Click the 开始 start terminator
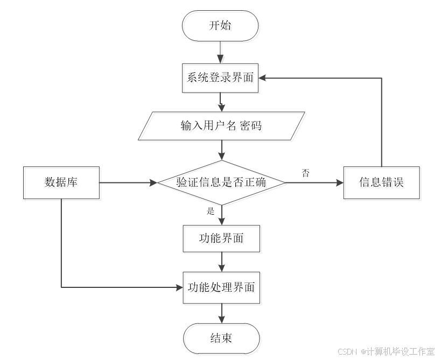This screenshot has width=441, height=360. [x=221, y=27]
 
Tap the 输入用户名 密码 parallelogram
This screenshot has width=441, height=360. [x=222, y=128]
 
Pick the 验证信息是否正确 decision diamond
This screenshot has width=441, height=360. [x=222, y=183]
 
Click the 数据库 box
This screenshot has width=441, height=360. [x=62, y=183]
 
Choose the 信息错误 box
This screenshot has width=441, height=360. [x=382, y=183]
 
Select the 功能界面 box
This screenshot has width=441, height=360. [x=222, y=239]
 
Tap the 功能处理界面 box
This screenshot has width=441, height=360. [x=222, y=289]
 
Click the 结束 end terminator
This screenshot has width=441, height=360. [x=222, y=340]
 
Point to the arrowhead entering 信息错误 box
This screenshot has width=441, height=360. [x=340, y=183]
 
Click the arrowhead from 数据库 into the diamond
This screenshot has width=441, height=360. [x=155, y=183]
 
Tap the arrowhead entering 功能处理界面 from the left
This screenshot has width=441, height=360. [x=180, y=287]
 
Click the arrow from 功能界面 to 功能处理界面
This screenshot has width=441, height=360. [x=222, y=263]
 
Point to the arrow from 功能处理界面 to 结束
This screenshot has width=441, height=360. [x=222, y=314]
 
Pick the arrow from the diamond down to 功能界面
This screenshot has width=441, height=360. [x=222, y=216]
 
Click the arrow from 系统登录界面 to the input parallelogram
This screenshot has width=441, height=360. [x=221, y=102]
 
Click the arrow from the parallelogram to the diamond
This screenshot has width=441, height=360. [x=222, y=151]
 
